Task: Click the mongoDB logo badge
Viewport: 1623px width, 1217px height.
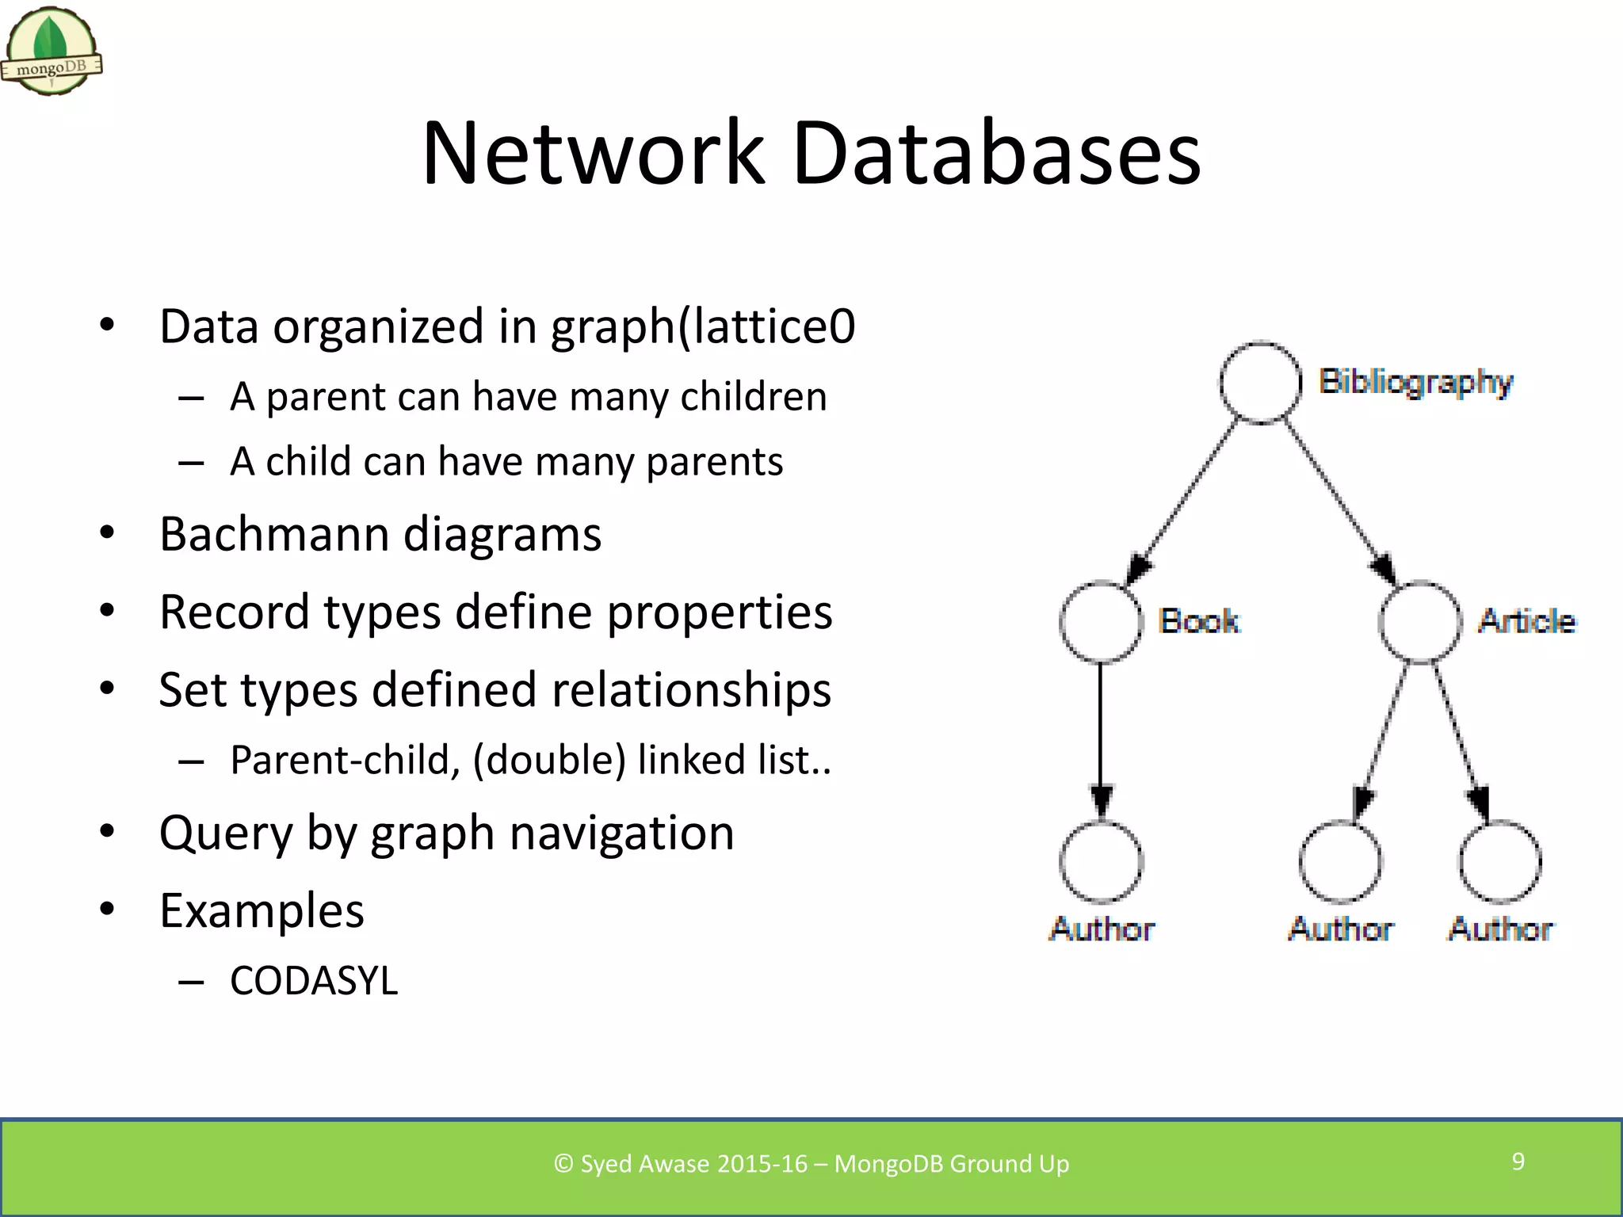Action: (52, 52)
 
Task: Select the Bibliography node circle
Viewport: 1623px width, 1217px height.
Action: (1260, 383)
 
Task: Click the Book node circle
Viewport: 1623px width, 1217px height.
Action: (1101, 622)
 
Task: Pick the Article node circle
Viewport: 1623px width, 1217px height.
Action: (1420, 622)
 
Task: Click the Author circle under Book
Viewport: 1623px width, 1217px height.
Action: (1101, 862)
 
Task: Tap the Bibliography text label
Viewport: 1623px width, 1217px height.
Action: (1415, 382)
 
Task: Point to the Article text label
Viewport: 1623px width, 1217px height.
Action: (1527, 621)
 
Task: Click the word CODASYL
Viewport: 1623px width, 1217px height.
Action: (314, 981)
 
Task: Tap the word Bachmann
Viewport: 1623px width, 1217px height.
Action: (274, 534)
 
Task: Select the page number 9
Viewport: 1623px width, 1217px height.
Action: (1518, 1162)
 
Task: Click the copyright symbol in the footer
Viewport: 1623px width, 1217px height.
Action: (563, 1164)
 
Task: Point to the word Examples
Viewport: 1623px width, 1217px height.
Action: (262, 910)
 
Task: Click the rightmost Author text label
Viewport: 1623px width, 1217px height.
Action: (1500, 929)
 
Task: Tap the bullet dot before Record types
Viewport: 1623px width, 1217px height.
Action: (108, 611)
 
